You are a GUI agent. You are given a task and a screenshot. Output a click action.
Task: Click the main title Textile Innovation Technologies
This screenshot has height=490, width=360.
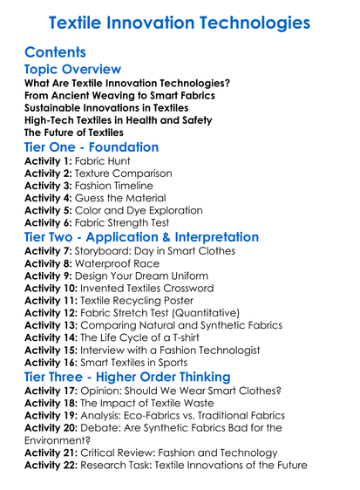(x=180, y=20)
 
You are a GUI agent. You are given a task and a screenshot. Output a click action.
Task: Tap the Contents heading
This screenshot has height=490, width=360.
(x=56, y=51)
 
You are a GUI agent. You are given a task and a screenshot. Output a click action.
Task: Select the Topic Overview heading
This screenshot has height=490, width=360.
(x=72, y=69)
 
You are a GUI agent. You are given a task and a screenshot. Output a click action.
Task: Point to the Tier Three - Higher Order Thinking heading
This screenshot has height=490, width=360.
(x=128, y=376)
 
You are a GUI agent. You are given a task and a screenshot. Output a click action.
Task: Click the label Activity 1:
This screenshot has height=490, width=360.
(x=50, y=161)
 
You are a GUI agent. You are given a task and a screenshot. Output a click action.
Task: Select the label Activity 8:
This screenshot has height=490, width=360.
(x=50, y=263)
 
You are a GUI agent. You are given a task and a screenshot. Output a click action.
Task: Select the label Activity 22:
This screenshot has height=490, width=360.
(x=53, y=465)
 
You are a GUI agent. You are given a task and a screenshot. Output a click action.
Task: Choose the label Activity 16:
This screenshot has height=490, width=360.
(x=53, y=361)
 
